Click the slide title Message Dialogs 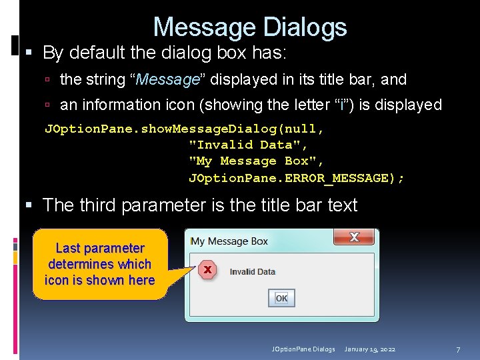250,27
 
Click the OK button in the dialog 281,298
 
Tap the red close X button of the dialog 353,237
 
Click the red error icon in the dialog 207,270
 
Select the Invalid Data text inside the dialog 252,271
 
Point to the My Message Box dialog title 229,241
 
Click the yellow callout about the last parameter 100,264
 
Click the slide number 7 458,349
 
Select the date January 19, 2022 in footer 369,349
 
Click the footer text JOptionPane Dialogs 303,349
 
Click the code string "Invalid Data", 249,145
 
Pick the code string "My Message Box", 257,161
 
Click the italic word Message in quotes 168,80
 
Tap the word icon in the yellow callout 55,280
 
